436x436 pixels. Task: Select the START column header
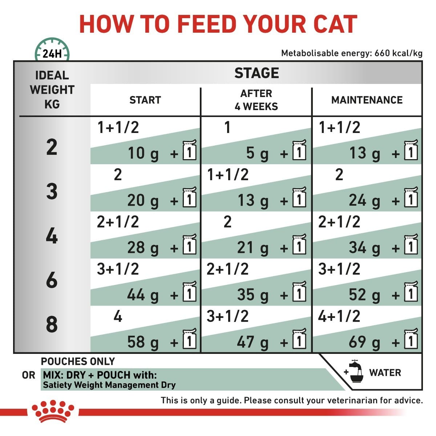(x=145, y=100)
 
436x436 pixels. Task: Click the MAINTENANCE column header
(x=367, y=100)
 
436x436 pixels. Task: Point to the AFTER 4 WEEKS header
(x=256, y=100)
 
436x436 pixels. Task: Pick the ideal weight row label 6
(x=52, y=280)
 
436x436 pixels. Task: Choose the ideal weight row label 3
(x=52, y=191)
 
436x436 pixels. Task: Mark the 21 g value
(x=253, y=248)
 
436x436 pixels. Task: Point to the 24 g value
(x=364, y=201)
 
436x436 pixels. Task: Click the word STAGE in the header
(x=257, y=73)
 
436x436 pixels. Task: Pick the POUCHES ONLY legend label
(x=78, y=362)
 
